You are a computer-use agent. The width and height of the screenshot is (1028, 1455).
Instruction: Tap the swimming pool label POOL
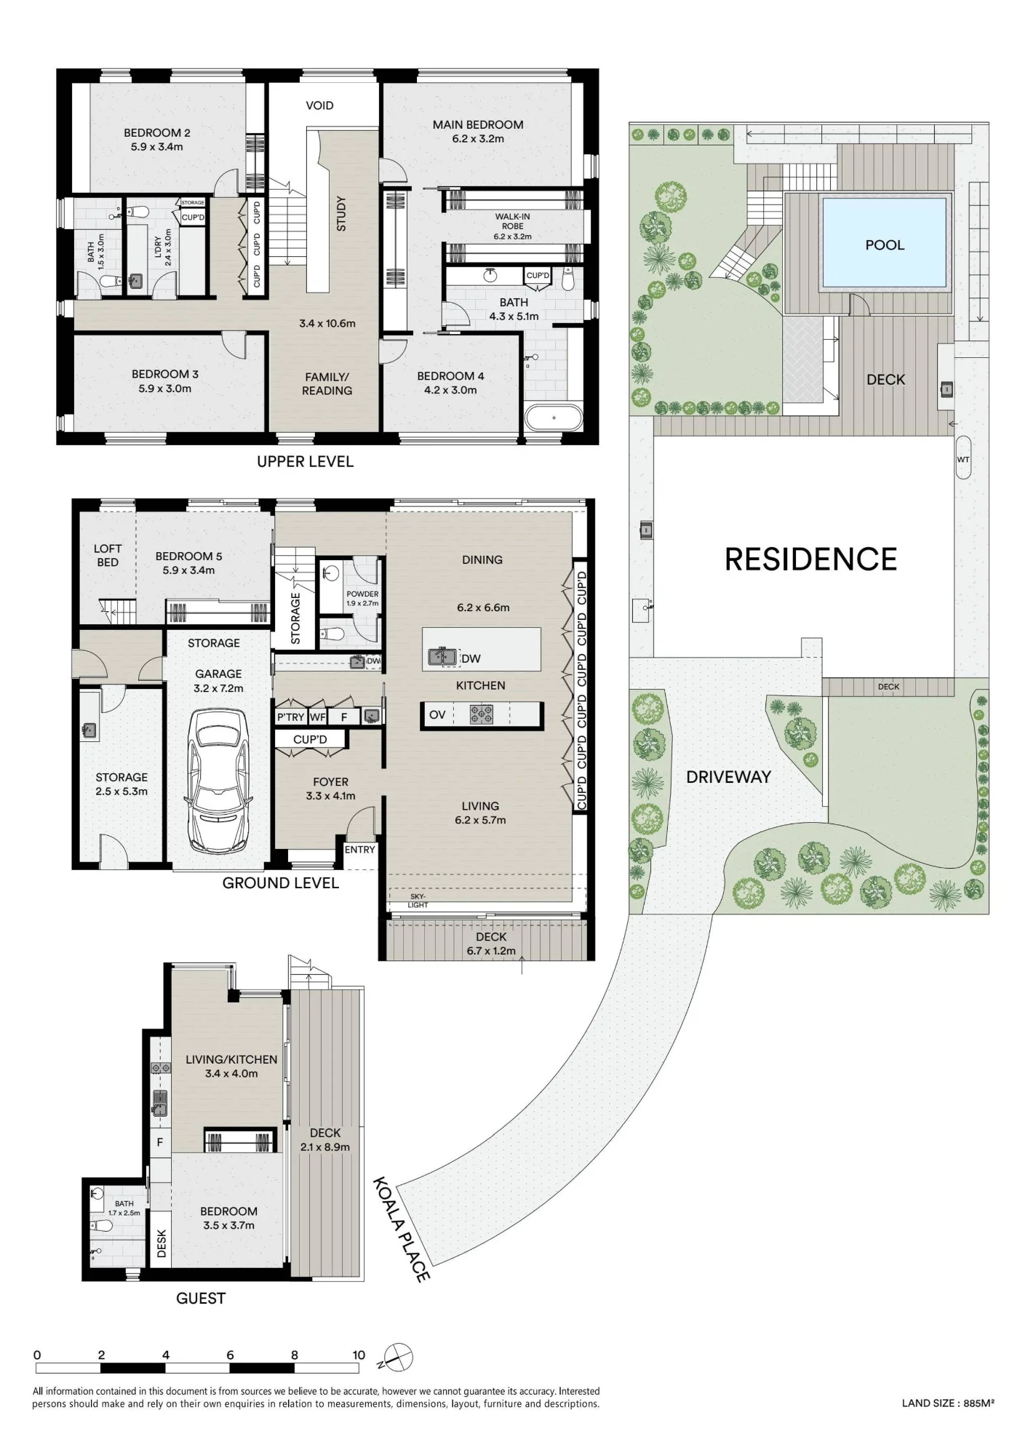tap(885, 245)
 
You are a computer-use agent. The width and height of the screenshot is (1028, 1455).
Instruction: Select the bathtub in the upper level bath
tap(554, 418)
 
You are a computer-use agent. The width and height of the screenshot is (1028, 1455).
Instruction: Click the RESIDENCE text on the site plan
tap(810, 559)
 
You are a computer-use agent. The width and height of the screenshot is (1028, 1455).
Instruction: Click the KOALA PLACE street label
tap(402, 1229)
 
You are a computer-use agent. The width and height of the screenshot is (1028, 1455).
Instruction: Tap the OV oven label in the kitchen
tap(437, 714)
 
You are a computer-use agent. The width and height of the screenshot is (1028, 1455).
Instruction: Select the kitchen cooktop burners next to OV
tap(481, 714)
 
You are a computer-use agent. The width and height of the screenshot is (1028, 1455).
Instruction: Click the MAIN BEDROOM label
tap(478, 124)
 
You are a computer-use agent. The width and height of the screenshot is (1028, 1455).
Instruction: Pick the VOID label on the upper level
tap(319, 105)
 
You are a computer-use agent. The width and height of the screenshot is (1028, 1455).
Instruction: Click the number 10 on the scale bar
tap(359, 1355)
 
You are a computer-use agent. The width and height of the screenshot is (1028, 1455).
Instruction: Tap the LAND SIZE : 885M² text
tap(948, 1403)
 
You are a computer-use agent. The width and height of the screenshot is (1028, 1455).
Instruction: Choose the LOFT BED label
tap(108, 555)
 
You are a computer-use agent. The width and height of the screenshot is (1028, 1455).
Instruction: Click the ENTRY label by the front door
tap(360, 850)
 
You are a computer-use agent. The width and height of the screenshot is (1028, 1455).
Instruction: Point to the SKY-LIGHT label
tap(418, 901)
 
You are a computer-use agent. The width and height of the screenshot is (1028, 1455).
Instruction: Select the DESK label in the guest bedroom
tap(162, 1243)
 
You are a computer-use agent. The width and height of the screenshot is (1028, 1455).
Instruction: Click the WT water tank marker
tap(963, 460)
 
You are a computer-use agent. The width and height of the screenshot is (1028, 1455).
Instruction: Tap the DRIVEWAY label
tap(728, 777)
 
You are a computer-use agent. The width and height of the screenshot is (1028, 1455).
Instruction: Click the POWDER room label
tap(362, 594)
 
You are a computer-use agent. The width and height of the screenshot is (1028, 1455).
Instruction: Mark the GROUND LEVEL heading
tap(281, 883)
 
